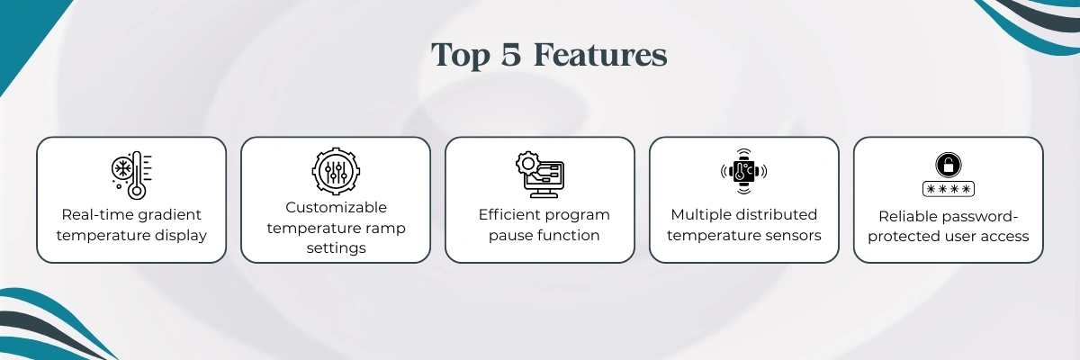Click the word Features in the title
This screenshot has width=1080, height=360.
[x=601, y=55]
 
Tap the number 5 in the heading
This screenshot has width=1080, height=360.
[x=511, y=55]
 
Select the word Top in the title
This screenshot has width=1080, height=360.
[x=460, y=56]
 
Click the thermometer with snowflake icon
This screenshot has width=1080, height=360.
[x=131, y=175]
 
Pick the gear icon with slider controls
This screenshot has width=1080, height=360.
[x=336, y=171]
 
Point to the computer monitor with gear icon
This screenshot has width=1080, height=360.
[x=539, y=174]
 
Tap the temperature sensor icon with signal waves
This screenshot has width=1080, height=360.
[x=744, y=171]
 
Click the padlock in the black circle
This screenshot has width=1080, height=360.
[x=949, y=165]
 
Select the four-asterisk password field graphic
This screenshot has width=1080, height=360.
[x=949, y=189]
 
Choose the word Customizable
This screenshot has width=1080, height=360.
[x=336, y=207]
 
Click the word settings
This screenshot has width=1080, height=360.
[x=336, y=248]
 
